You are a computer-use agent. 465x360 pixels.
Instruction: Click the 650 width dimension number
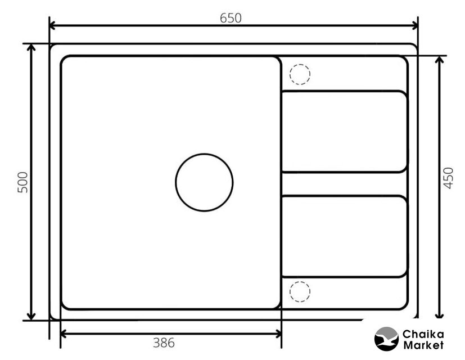click(231, 18)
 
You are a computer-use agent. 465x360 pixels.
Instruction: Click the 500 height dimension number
click(23, 182)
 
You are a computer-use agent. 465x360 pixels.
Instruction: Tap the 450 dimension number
click(448, 178)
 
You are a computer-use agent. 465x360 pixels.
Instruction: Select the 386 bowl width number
click(164, 343)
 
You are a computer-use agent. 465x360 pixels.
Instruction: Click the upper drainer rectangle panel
click(345, 132)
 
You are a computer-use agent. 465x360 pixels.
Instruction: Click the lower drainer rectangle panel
click(345, 237)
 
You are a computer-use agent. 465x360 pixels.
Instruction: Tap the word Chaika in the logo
click(423, 335)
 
